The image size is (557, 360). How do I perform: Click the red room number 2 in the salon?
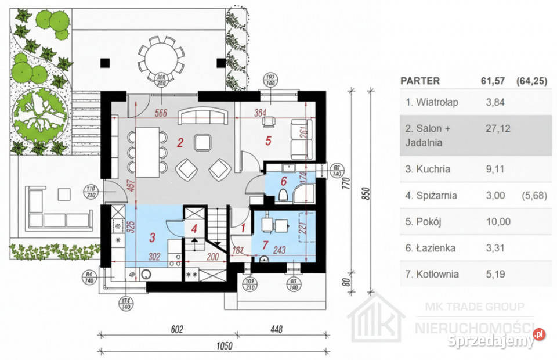[180, 141]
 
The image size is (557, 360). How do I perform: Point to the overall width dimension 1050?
[225, 347]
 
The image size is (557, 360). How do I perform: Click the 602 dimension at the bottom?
[178, 330]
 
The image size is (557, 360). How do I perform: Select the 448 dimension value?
[276, 330]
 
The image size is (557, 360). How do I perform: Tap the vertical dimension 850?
[366, 195]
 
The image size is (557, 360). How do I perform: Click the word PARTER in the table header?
[420, 81]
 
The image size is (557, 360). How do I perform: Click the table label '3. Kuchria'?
[428, 170]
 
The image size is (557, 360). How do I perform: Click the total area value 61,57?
[491, 81]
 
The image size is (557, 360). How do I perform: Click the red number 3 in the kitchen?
[153, 237]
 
